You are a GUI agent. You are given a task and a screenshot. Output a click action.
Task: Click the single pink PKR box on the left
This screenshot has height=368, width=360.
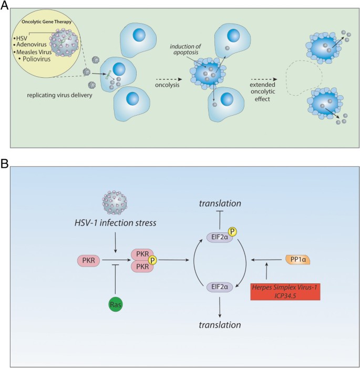coord(88,260)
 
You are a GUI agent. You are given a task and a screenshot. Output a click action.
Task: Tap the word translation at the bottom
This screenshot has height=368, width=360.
coord(217,324)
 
